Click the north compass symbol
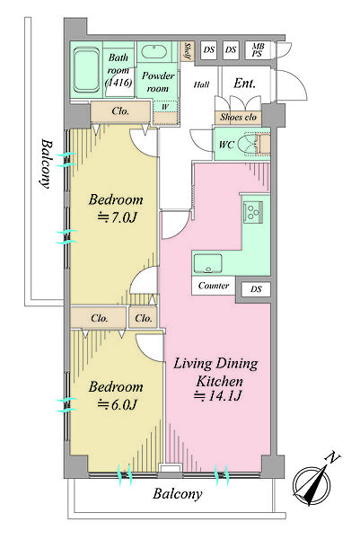point(313,481)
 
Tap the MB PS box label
point(258,49)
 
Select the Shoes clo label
point(239,117)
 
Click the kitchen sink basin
point(207,263)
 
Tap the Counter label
point(214,286)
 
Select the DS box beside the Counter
point(256,289)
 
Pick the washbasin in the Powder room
point(154,51)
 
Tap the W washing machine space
point(165,107)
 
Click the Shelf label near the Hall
point(188,51)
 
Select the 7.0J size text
point(118,217)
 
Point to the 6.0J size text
point(118,404)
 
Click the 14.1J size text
point(218,396)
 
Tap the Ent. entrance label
point(244,84)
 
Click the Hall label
point(201,84)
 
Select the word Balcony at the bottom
point(178,494)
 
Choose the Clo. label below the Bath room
point(120,111)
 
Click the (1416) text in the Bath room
point(119,83)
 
